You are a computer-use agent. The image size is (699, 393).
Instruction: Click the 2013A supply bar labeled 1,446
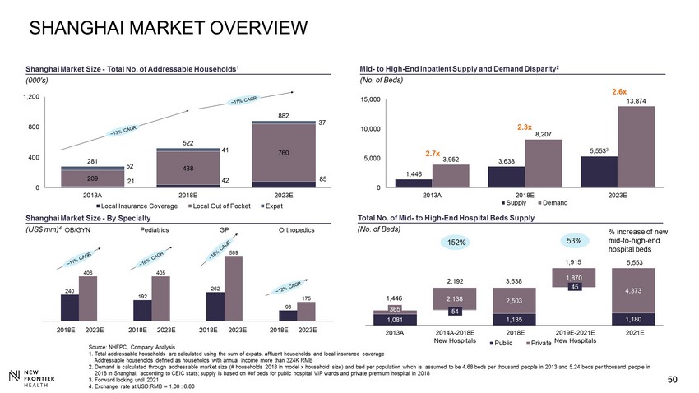pyautogui.click(x=414, y=183)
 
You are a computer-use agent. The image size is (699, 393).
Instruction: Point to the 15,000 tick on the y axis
pyautogui.click(x=372, y=100)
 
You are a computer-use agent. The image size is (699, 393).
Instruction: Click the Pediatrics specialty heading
pyautogui.click(x=155, y=230)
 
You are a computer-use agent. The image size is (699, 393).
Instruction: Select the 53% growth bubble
pyautogui.click(x=574, y=241)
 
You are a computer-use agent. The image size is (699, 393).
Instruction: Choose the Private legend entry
pyautogui.click(x=537, y=341)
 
